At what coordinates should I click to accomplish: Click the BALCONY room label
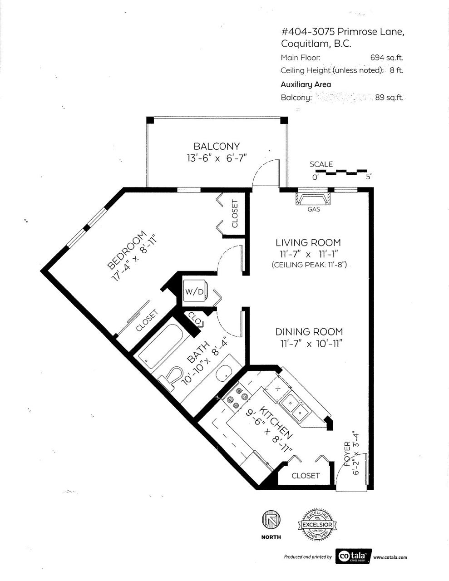pos(217,146)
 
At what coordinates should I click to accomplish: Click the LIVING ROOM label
pos(308,242)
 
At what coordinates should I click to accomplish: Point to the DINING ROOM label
pos(309,332)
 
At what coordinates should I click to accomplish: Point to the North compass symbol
pos(271,521)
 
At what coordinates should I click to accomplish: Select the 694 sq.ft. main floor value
pos(386,58)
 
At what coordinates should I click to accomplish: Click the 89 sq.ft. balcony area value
pos(389,97)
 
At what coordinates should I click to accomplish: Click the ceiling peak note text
pos(309,265)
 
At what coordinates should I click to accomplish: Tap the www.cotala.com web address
pos(390,557)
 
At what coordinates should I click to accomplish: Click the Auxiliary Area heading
pos(306,84)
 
